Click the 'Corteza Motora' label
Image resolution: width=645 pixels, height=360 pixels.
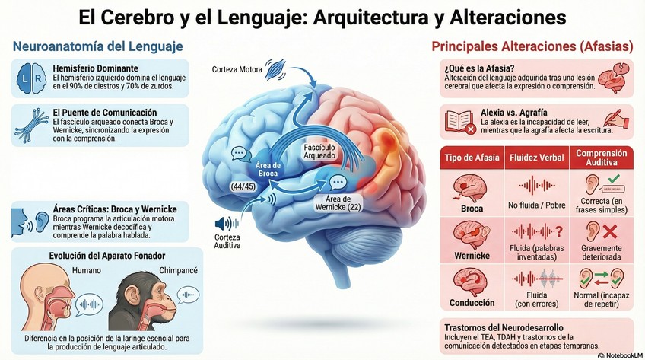(237, 71)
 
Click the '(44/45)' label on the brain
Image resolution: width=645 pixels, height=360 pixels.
(243, 186)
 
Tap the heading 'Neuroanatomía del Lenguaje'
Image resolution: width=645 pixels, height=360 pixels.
(97, 47)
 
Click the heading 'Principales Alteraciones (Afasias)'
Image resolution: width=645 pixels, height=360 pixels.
(532, 47)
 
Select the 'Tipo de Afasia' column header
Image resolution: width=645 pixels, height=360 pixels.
(472, 158)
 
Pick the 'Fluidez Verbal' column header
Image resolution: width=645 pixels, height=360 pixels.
(541, 158)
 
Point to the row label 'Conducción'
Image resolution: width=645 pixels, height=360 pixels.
(472, 303)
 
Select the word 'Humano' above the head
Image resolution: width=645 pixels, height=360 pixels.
(86, 270)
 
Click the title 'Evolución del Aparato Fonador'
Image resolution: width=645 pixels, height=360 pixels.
(107, 256)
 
